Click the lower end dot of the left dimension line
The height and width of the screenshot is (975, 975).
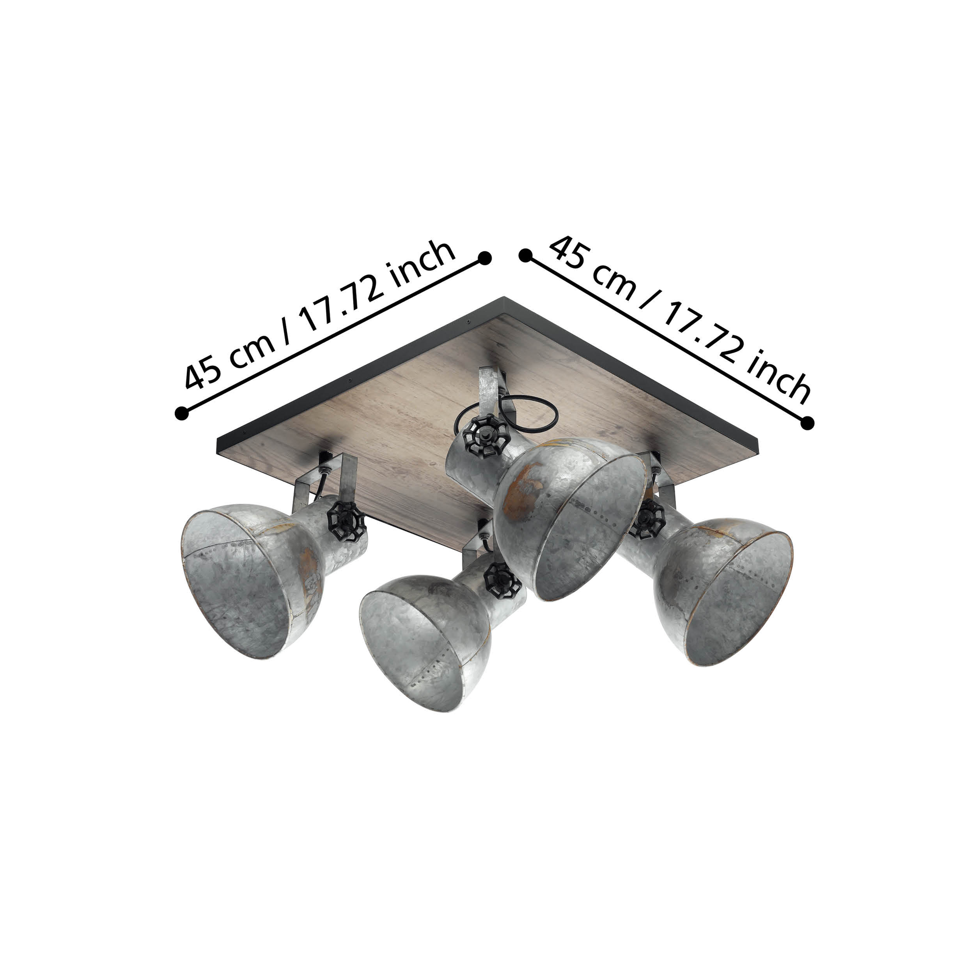coord(181,412)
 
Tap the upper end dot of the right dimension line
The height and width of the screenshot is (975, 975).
coord(526,256)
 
